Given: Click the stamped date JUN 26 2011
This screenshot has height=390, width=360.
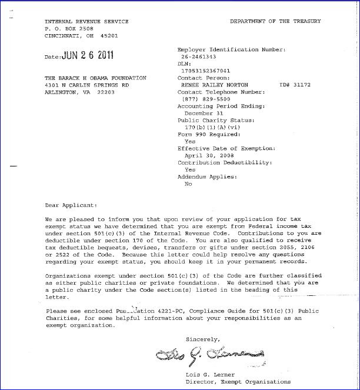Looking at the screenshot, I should [x=88, y=56].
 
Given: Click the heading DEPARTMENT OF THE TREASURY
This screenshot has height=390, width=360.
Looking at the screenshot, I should [x=275, y=22].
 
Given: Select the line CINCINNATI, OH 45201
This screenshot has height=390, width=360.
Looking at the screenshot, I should [x=76, y=35].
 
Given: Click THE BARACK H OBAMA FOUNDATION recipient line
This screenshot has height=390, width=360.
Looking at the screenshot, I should [x=95, y=78].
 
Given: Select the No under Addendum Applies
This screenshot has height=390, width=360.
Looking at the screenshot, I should [x=188, y=184].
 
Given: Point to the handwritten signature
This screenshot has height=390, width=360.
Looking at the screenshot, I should [x=209, y=355].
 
